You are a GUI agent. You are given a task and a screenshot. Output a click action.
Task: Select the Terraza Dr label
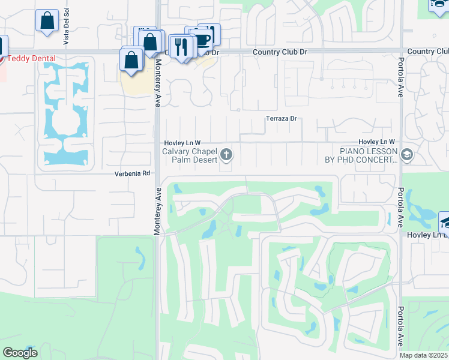pos(282,118)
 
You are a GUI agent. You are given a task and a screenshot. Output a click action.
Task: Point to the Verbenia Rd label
pos(132,173)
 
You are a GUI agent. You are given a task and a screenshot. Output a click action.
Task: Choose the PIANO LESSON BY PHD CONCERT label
pos(361,155)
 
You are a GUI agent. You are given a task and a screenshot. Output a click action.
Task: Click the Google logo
pos(20,353)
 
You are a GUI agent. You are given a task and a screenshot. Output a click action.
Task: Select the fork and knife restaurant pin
pos(182,46)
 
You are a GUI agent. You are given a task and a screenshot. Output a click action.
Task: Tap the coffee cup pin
pos(202,38)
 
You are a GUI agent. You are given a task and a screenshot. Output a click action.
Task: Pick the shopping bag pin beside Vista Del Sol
pos(47,21)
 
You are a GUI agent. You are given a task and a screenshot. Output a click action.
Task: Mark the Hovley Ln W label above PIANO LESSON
pos(376,142)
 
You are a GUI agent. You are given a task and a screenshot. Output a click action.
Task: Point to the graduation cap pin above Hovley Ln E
pos(445,222)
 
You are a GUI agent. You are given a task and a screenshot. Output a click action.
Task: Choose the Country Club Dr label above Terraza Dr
pos(280,52)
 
